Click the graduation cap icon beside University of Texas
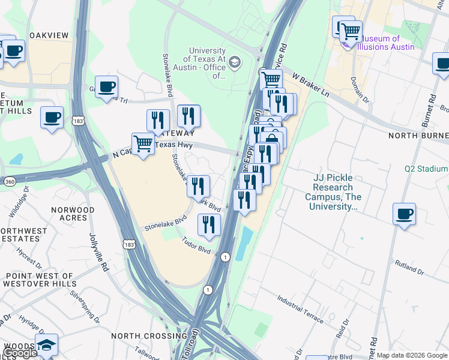(x=235, y=62)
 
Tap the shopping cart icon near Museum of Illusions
(x=351, y=31)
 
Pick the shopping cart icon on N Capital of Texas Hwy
(x=143, y=143)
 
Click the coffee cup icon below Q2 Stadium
(x=404, y=214)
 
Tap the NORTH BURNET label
(x=418, y=136)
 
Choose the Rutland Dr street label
(x=409, y=263)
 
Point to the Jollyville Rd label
(x=99, y=253)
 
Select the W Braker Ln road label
(x=312, y=85)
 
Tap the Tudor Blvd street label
(x=197, y=246)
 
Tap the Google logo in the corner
(x=19, y=353)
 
